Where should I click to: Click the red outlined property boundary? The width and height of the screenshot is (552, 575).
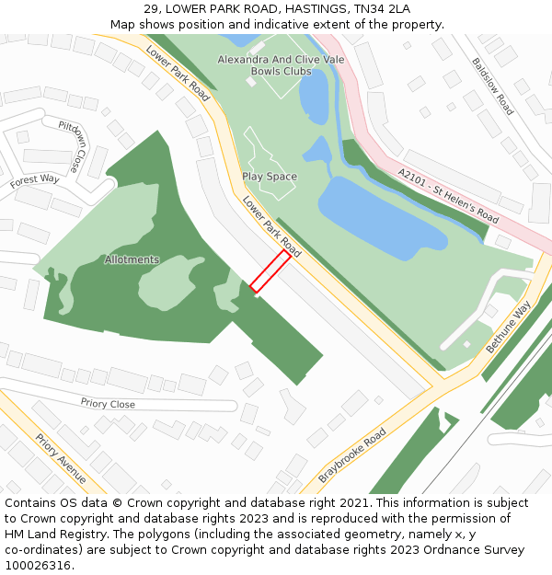tap(270, 271)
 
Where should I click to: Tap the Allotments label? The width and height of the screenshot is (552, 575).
tap(132, 259)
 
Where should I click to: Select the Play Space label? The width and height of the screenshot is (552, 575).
tap(270, 176)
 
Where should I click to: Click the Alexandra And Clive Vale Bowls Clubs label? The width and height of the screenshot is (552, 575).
tap(281, 65)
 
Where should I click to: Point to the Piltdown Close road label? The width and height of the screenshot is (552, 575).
tap(69, 146)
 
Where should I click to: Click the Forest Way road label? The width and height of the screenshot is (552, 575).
tap(35, 180)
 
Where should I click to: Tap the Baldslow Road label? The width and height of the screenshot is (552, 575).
tap(492, 86)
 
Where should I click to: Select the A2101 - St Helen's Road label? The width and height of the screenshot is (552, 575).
tap(449, 195)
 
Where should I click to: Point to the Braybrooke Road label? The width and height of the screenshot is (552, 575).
tap(352, 459)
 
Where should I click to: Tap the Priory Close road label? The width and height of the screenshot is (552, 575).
tap(108, 404)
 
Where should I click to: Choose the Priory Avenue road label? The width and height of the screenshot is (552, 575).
tap(61, 458)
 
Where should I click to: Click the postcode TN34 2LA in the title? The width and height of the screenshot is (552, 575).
tap(381, 9)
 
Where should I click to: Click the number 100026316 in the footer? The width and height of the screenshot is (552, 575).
tap(39, 565)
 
